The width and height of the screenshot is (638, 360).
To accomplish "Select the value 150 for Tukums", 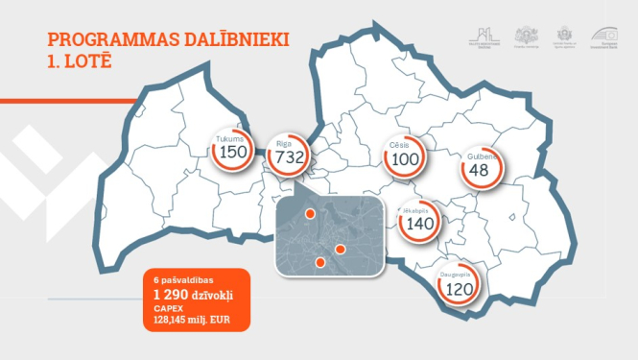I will point(233,153).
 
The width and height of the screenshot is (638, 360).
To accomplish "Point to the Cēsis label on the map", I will point(405,145).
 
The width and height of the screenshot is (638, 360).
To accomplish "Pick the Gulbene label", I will point(482,156).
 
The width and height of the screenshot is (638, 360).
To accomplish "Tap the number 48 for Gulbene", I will point(480,170).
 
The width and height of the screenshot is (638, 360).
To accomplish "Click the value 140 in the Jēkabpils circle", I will point(420,223).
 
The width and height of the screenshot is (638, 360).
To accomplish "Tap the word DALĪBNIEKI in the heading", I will point(240,40).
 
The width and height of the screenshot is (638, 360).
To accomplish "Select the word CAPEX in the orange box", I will point(166,305).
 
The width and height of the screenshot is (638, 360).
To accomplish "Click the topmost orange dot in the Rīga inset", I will point(309,213).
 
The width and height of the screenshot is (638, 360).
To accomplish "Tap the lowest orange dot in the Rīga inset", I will point(320,262).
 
